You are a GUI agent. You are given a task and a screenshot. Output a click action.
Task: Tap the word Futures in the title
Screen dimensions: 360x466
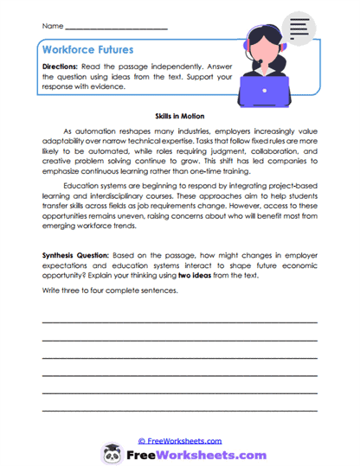point(123,52)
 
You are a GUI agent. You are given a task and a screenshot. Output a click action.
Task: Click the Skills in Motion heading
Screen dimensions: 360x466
point(178,114)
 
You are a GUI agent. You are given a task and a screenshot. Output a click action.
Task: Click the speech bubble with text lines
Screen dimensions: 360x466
point(301,29)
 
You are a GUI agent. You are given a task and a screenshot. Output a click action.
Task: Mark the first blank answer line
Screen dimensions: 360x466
point(179,322)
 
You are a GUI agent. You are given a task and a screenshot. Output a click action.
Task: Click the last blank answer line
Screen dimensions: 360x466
point(179,408)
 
